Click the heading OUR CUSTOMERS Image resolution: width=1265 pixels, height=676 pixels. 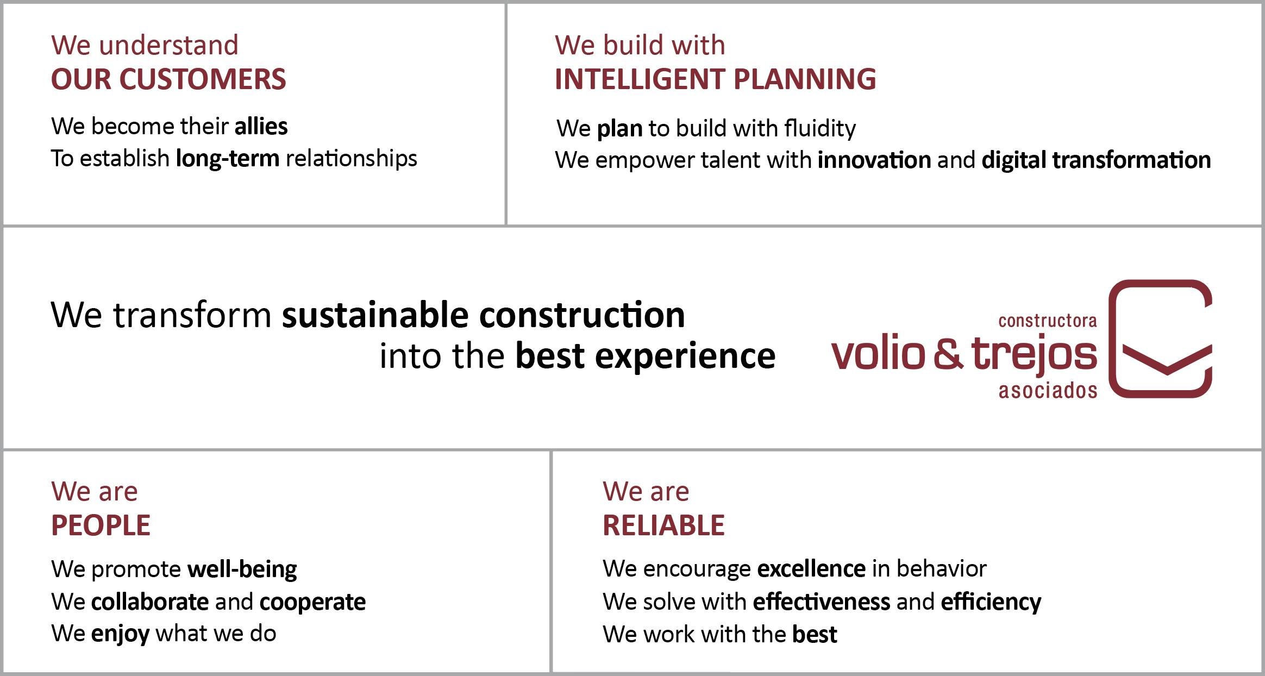168,79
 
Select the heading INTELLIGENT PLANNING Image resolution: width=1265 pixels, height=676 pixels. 715,79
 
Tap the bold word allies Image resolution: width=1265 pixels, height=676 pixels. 261,126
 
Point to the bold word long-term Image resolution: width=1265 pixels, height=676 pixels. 228,159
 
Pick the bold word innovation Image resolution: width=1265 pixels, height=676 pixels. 874,160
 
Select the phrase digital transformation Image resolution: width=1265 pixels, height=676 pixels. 1096,160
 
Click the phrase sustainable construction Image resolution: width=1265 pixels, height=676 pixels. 484,315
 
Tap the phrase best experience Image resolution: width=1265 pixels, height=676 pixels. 646,356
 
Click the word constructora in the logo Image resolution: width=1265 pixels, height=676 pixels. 1048,321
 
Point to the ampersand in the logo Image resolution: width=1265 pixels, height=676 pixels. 948,354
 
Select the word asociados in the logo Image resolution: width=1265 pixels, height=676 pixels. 1048,391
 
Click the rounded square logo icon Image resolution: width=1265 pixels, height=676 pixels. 1113,339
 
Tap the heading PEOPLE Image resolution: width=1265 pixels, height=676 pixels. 101,525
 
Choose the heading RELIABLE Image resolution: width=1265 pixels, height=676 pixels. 663,525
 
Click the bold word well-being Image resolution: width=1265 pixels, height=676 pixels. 242,569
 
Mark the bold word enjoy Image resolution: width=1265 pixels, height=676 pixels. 120,634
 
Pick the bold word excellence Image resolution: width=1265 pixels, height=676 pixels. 811,569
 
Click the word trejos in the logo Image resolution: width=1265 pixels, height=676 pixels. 1034,354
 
